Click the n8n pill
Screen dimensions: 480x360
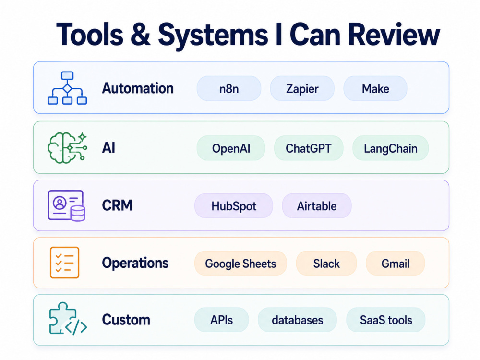(228, 88)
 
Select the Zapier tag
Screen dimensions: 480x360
(302, 88)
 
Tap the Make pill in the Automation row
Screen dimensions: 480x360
(375, 88)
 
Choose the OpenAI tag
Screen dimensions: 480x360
(231, 148)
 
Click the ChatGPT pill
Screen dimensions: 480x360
(309, 148)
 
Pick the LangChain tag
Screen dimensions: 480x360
(390, 148)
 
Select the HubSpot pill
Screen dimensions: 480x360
(234, 206)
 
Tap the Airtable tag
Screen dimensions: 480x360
(316, 206)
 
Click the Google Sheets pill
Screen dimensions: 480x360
(240, 263)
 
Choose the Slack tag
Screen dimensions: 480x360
(326, 263)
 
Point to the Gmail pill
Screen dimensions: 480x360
(395, 263)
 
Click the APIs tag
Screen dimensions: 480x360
(221, 320)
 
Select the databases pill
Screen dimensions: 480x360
(297, 320)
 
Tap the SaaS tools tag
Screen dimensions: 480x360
(386, 320)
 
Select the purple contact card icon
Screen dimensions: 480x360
(66, 205)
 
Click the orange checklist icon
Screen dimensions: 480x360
(65, 263)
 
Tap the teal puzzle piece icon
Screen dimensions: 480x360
(68, 319)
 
